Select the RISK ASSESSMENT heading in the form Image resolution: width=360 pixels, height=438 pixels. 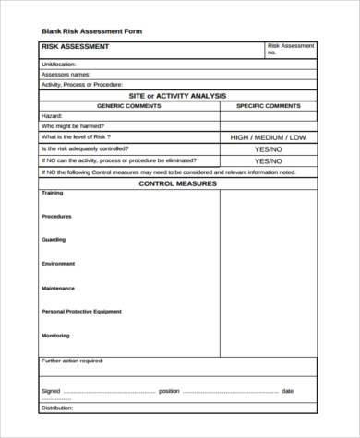(x=76, y=46)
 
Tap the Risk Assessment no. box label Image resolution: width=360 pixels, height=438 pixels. (x=290, y=49)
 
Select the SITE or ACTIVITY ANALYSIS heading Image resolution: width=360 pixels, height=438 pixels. (x=177, y=95)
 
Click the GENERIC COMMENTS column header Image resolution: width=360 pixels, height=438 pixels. (x=129, y=105)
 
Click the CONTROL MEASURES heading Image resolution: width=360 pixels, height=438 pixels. (x=177, y=183)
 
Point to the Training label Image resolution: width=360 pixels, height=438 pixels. (x=53, y=194)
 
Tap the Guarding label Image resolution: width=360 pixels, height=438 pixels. (x=54, y=240)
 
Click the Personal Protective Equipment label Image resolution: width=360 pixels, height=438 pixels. (x=81, y=312)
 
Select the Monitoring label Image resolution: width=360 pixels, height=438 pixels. (x=55, y=336)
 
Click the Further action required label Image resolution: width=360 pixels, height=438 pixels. (x=73, y=361)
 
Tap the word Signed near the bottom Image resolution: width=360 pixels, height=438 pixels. (x=51, y=391)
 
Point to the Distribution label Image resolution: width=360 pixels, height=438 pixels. (x=57, y=407)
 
